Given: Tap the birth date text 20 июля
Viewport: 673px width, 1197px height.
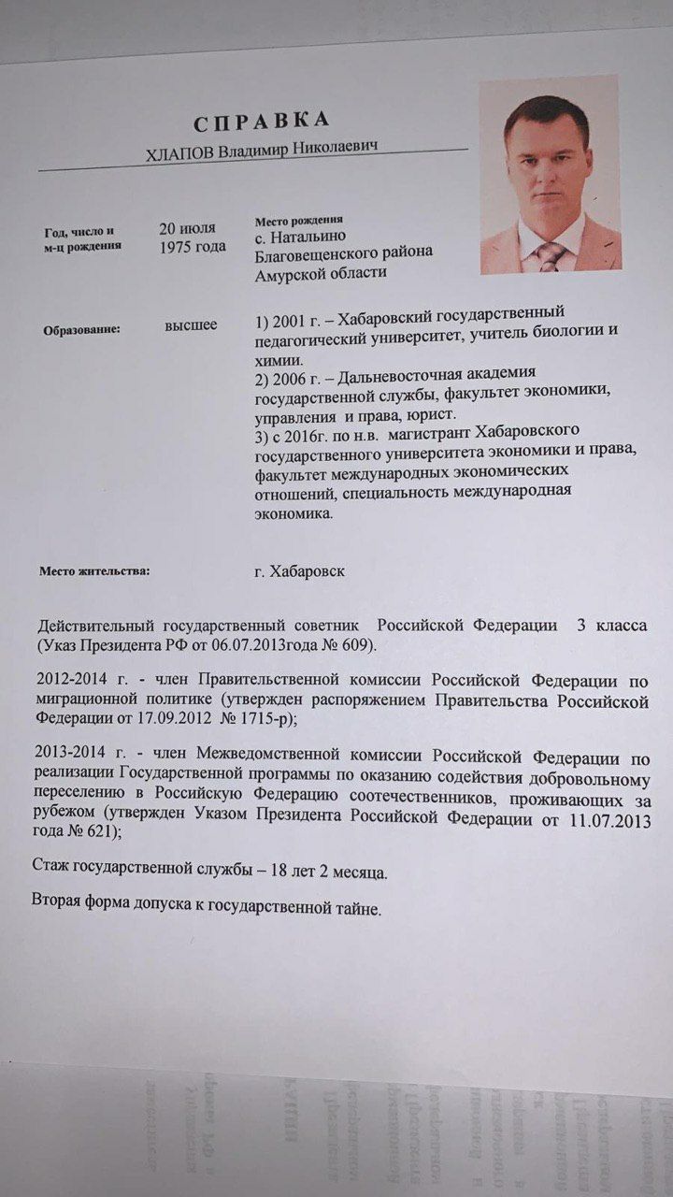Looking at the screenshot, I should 187,228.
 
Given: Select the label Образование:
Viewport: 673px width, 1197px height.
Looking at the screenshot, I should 81,329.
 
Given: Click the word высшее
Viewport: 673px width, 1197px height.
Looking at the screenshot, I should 191,325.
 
